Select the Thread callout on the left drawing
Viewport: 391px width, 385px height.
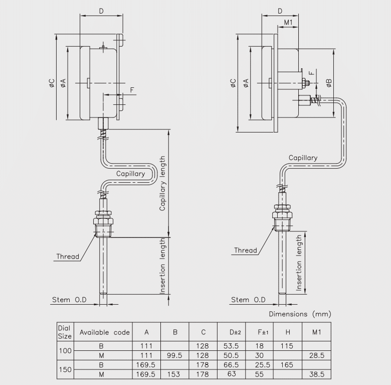tap(68, 256)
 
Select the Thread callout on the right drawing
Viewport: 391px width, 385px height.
tap(246, 250)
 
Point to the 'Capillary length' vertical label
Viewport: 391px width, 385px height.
tap(162, 183)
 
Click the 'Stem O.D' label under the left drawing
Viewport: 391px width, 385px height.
tap(70, 300)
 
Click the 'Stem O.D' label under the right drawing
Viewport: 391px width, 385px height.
tap(248, 300)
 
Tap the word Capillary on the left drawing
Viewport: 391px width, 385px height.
tap(131, 174)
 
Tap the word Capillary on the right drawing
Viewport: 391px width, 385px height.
tap(303, 158)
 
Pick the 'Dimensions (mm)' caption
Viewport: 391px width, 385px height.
tap(300, 314)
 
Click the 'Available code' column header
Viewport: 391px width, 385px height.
tap(105, 332)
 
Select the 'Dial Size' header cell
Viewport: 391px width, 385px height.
tap(65, 332)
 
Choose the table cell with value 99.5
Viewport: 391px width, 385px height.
tap(175, 355)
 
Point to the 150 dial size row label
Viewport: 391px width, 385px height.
tap(65, 369)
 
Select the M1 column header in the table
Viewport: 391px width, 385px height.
tap(316, 332)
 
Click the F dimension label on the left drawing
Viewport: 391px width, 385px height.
tap(132, 90)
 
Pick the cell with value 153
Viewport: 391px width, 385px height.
tap(175, 374)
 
